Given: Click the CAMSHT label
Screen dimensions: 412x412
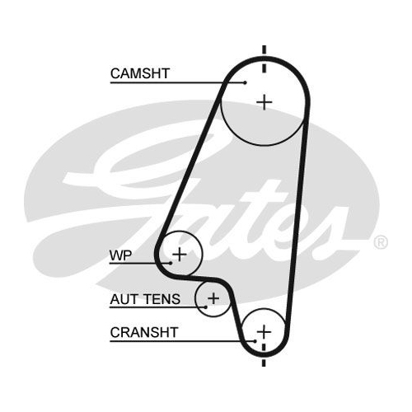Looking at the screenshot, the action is click(x=140, y=73).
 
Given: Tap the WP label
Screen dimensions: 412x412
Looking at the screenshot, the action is click(x=120, y=255).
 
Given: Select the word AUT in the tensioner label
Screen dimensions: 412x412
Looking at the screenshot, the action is click(x=124, y=299).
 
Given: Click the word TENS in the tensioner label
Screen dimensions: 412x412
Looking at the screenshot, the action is click(x=162, y=299).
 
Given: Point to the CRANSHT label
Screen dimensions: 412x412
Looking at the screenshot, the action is click(x=144, y=332).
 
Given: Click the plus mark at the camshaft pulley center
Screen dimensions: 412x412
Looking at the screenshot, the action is click(x=265, y=102).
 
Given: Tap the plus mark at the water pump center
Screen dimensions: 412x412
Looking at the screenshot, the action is click(x=180, y=255).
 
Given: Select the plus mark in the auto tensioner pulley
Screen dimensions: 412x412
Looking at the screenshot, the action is click(x=213, y=298).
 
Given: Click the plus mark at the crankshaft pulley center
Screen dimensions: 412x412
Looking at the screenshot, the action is click(x=264, y=331).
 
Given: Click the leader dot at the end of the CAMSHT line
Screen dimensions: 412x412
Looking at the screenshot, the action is click(x=246, y=82).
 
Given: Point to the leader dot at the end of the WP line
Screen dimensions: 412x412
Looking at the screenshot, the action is click(x=171, y=263).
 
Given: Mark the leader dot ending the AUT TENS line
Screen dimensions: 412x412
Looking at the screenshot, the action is click(x=206, y=307).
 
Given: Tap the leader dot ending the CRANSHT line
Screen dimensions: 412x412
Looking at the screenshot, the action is click(x=255, y=341).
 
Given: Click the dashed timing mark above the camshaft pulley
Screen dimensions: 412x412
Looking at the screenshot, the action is click(x=265, y=59).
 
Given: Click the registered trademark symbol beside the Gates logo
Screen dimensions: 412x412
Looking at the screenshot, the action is click(x=381, y=242).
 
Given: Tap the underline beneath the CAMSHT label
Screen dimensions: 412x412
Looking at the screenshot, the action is click(x=178, y=82).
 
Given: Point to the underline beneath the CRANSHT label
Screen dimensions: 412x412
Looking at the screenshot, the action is click(x=183, y=341).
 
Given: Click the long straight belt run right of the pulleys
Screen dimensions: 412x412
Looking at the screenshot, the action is click(x=297, y=220).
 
